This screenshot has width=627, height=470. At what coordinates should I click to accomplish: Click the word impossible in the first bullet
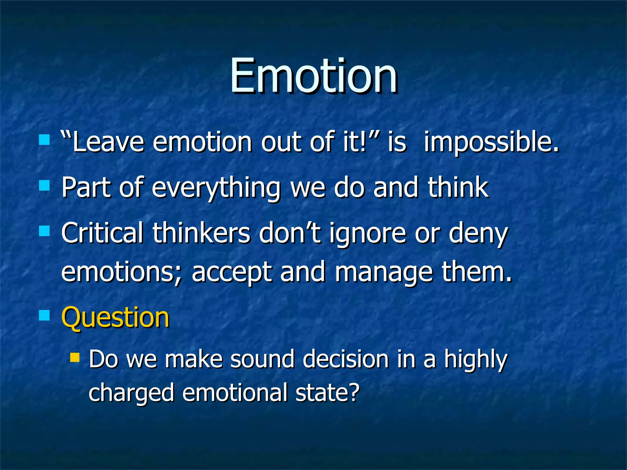tap(491, 142)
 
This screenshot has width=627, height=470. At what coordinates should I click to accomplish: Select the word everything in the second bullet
tap(216, 187)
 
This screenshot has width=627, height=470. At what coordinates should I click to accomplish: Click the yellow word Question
tap(115, 318)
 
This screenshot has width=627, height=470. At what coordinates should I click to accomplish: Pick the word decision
tap(346, 359)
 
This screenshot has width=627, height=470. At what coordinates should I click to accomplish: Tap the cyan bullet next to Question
tap(45, 315)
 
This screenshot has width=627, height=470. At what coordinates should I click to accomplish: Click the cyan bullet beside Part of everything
tap(45, 185)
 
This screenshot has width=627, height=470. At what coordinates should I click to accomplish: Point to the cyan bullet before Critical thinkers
tap(45, 231)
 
